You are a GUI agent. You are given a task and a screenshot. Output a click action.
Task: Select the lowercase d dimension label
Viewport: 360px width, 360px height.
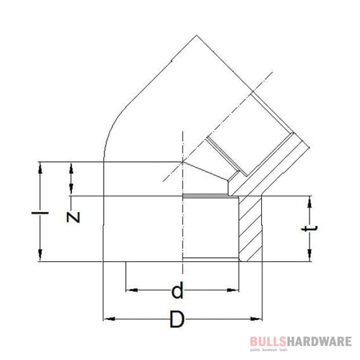pos(177,291)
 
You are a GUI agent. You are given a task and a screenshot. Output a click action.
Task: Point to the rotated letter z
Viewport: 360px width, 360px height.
pos(74,217)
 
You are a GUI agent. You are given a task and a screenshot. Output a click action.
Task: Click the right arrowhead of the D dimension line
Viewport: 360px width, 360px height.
pos(257,319)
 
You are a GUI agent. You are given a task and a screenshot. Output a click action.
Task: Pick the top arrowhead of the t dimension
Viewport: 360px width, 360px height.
pos(309,201)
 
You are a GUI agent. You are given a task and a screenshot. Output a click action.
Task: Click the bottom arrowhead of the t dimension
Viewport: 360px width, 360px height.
pos(309,256)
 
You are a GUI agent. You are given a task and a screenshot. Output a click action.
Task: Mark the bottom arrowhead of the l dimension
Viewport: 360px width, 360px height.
pos(40,256)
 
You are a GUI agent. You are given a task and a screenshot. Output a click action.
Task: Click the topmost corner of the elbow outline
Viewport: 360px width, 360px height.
pos(196,35)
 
